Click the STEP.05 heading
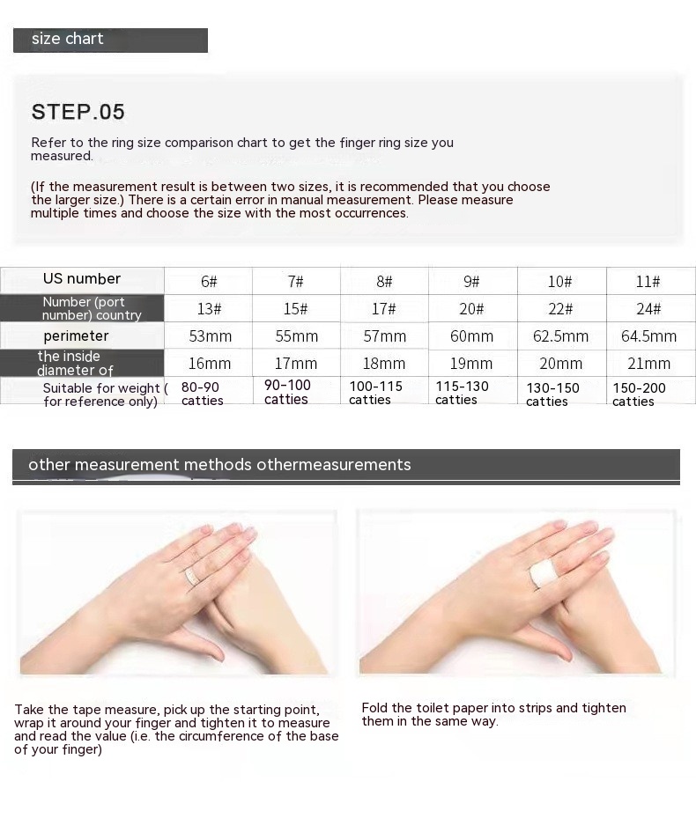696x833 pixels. pyautogui.click(x=78, y=112)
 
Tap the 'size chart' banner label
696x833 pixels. pyautogui.click(x=68, y=39)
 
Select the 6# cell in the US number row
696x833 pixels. pyautogui.click(x=209, y=281)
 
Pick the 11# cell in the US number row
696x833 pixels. pyautogui.click(x=648, y=281)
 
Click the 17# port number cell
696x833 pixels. pyautogui.click(x=384, y=309)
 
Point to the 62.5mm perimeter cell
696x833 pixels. pyautogui.click(x=560, y=336)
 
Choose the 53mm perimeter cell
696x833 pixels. pyautogui.click(x=210, y=336)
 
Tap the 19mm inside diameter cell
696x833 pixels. pyautogui.click(x=471, y=364)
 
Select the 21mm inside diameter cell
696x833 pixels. pyautogui.click(x=648, y=364)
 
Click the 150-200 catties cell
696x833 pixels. pyautogui.click(x=639, y=394)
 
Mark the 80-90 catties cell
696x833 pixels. pyautogui.click(x=202, y=394)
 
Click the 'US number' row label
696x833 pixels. pyautogui.click(x=82, y=279)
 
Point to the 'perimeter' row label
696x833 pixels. pyautogui.click(x=76, y=336)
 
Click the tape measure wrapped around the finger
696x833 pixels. pyautogui.click(x=191, y=577)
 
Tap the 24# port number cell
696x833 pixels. pyautogui.click(x=648, y=309)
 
